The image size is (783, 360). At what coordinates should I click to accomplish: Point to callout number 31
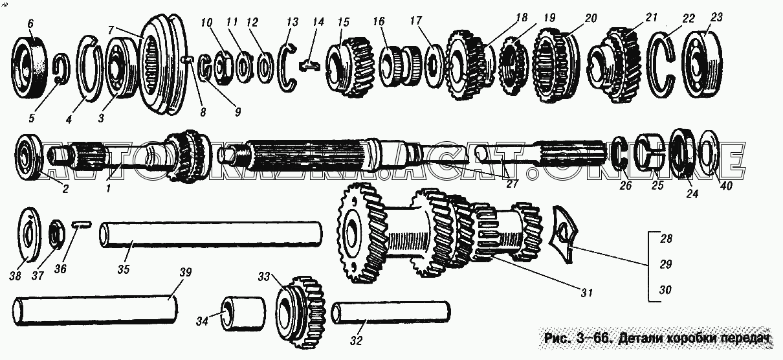[586, 293]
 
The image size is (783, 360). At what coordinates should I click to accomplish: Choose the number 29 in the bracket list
[666, 264]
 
